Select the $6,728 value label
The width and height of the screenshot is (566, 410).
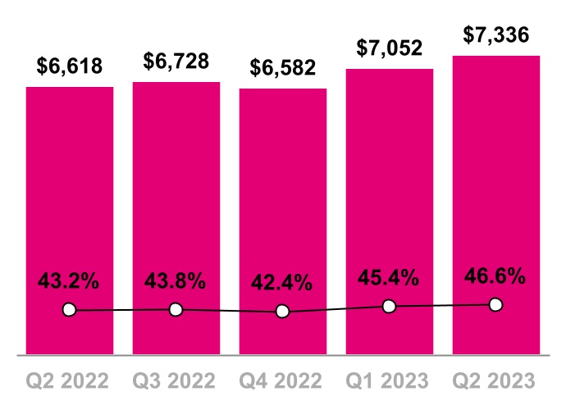[176, 61]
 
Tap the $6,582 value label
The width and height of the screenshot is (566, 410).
[283, 69]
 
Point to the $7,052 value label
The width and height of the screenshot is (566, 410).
[390, 48]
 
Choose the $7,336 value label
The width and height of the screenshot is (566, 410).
[495, 36]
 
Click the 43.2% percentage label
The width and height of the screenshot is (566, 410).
[70, 280]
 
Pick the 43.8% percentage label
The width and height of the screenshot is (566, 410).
[176, 280]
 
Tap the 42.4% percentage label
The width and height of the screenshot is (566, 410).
[283, 284]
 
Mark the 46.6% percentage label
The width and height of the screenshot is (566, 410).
[495, 276]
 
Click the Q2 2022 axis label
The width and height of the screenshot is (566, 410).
[70, 380]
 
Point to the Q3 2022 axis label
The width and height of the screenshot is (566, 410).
[176, 380]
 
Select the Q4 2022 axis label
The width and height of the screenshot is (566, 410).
[283, 380]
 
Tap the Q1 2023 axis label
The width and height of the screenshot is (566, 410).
[390, 380]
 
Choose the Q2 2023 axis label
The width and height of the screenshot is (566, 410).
[495, 380]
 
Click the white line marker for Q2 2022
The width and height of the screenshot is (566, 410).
[70, 310]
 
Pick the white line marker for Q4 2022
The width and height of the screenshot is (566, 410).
[283, 312]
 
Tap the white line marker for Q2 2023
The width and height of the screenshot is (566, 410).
[495, 304]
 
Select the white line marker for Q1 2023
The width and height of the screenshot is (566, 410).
[390, 307]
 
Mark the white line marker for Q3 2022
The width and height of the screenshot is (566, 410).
[176, 309]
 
